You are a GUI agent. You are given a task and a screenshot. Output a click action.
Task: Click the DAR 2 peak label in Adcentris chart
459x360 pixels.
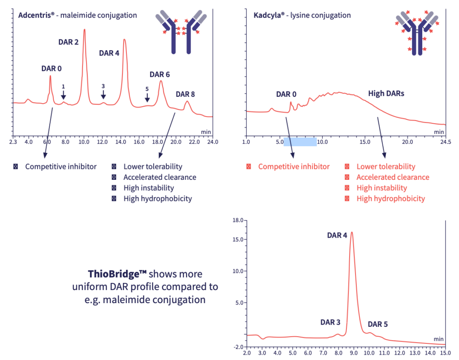coord(69,42)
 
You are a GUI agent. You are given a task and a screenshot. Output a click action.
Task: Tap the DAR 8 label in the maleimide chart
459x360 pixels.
coord(185,94)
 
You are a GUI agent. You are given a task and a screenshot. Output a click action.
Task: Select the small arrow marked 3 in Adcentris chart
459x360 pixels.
coord(104,94)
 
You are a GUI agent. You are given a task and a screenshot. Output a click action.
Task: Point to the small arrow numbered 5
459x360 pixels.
coord(147,97)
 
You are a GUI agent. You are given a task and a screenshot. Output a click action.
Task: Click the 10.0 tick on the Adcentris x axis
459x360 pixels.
coord(84,142)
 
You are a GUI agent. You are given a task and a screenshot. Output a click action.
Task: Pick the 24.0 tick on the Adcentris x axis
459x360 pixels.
coord(212,142)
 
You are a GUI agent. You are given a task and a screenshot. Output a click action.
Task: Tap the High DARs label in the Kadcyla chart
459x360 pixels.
coord(386,94)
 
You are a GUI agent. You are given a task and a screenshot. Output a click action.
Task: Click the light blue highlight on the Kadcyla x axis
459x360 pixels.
coord(300,142)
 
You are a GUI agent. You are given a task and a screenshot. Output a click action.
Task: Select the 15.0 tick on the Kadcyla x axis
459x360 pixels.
coord(365,142)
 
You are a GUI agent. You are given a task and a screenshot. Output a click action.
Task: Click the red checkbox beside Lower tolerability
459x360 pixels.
coord(347,166)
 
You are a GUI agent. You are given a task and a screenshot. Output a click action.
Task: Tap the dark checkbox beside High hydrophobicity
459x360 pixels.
coord(114,199)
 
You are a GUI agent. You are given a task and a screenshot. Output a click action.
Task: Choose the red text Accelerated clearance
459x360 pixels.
coord(393,177)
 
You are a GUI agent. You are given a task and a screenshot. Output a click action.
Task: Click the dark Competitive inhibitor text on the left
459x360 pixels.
coord(61,166)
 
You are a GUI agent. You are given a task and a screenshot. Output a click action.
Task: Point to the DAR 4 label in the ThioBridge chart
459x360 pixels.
coord(337,235)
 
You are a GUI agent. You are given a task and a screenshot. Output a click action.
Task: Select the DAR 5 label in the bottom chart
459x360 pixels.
coord(377,324)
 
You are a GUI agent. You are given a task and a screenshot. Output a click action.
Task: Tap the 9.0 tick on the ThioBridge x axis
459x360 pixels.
coord(354,353)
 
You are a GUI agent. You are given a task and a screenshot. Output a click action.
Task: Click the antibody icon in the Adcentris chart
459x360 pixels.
coord(181,32)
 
